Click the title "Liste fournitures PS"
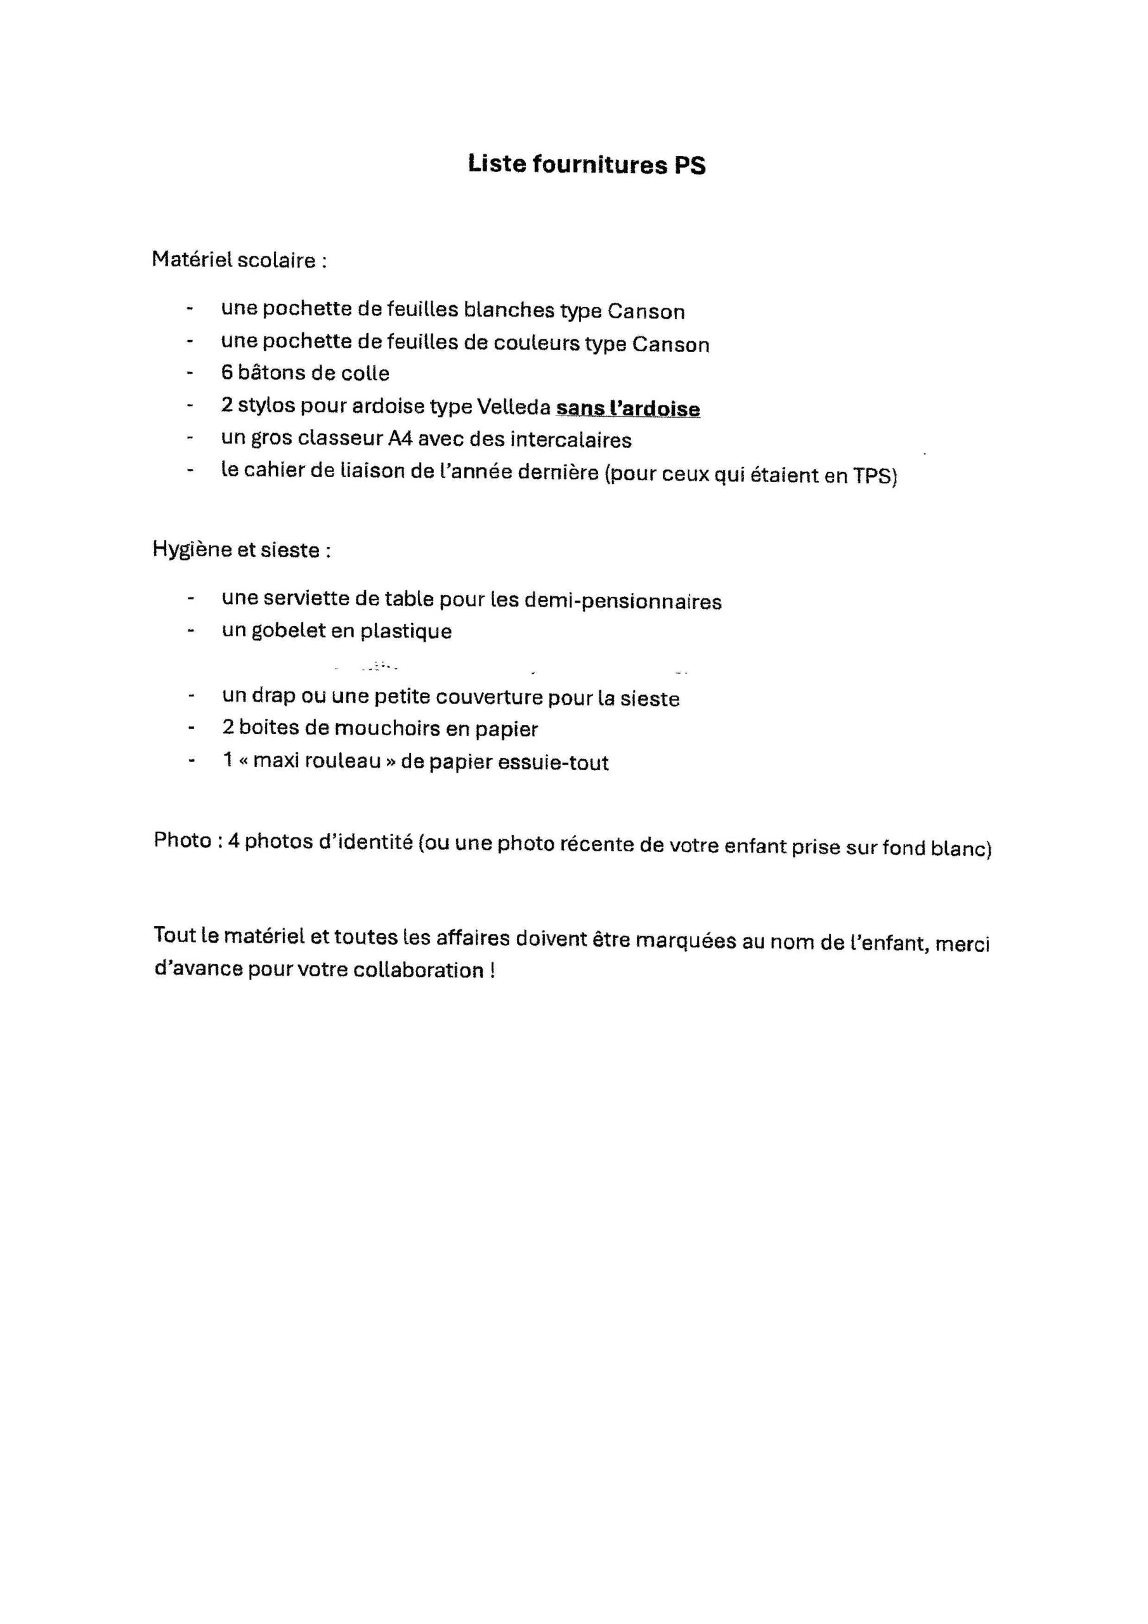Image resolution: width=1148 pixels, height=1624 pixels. (587, 164)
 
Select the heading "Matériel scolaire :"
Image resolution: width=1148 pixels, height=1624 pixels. (239, 260)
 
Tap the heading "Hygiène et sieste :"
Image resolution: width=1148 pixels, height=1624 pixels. (241, 549)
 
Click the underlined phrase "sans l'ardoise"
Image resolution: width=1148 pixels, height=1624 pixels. (628, 409)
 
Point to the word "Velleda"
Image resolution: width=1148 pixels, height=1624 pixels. (514, 407)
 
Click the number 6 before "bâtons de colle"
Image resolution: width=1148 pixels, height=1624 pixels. (227, 373)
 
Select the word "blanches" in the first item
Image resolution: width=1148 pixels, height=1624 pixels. (509, 310)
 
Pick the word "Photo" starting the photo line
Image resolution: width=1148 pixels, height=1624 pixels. (183, 841)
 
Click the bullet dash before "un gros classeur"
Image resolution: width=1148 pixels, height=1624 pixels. (190, 438)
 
